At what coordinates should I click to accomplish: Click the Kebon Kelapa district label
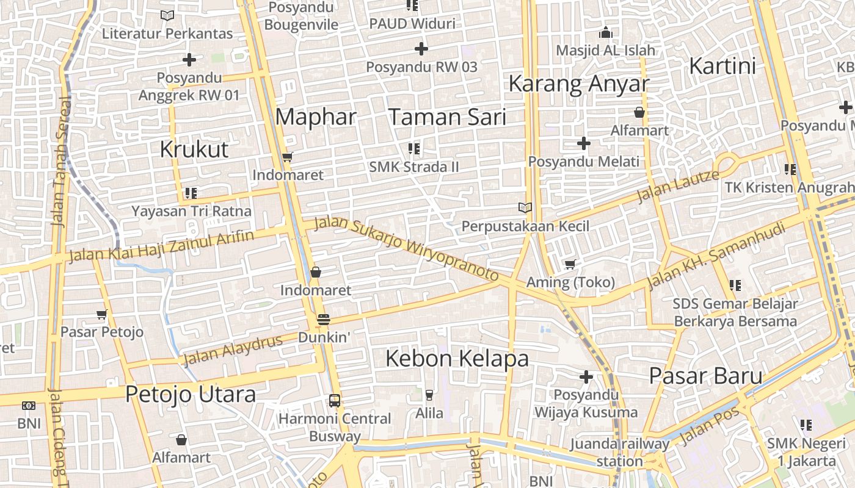tap(457, 358)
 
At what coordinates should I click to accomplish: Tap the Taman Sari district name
tap(447, 117)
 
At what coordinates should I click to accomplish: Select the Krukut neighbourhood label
tap(194, 149)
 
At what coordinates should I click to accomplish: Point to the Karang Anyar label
tap(578, 84)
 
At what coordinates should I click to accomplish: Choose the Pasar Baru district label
tap(705, 375)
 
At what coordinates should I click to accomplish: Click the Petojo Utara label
tap(191, 394)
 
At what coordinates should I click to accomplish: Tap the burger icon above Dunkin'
tap(324, 319)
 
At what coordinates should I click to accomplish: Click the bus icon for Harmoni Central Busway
tap(335, 400)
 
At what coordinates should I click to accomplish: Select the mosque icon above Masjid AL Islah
tap(606, 32)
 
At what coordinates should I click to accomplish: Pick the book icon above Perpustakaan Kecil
tap(525, 207)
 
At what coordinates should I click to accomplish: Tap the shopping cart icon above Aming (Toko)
tap(570, 264)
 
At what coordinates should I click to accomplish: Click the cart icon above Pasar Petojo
tap(102, 314)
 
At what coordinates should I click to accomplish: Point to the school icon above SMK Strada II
tap(414, 148)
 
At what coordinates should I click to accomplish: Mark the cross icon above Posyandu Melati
tap(584, 143)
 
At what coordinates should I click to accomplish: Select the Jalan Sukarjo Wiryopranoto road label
tap(407, 248)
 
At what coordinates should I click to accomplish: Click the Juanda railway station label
tap(619, 452)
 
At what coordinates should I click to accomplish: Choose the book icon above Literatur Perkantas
tap(167, 15)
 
